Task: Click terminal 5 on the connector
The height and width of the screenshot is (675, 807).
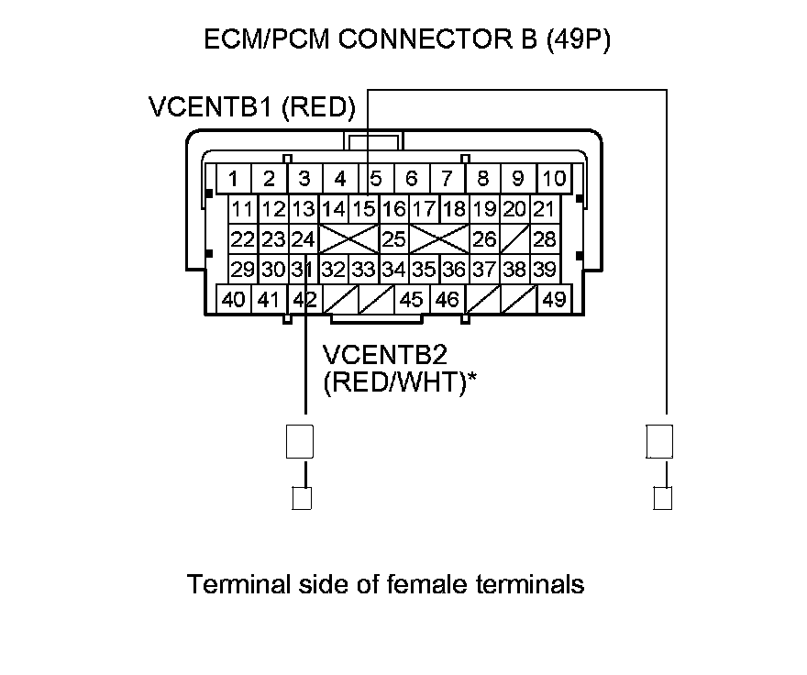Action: pyautogui.click(x=376, y=178)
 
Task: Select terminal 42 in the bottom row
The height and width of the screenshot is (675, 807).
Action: pyautogui.click(x=304, y=299)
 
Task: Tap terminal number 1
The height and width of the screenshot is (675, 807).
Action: pyautogui.click(x=235, y=178)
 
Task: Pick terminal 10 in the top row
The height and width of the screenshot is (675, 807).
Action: pyautogui.click(x=554, y=178)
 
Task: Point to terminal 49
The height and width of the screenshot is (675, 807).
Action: pyautogui.click(x=554, y=299)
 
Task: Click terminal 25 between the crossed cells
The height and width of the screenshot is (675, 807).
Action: pyautogui.click(x=394, y=240)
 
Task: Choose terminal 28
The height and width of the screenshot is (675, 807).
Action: pyautogui.click(x=545, y=240)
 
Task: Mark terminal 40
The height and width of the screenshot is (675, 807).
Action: pyautogui.click(x=234, y=299)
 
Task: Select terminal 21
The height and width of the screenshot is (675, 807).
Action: pyautogui.click(x=545, y=209)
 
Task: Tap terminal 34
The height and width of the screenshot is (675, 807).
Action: pyautogui.click(x=394, y=270)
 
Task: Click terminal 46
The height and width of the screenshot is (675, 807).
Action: pyautogui.click(x=447, y=299)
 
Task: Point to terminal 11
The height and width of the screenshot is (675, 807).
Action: pyautogui.click(x=243, y=209)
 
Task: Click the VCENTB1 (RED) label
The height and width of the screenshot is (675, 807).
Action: pyautogui.click(x=251, y=107)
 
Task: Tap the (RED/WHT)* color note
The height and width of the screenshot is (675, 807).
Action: pyautogui.click(x=401, y=382)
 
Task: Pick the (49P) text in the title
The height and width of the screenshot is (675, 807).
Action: pyautogui.click(x=577, y=40)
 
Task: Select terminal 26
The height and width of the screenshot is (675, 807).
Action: pyautogui.click(x=484, y=240)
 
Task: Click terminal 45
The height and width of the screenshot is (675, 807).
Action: pyautogui.click(x=412, y=299)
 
